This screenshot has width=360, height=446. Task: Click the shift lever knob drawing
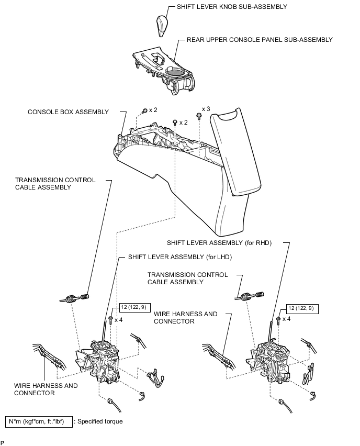point(162,26)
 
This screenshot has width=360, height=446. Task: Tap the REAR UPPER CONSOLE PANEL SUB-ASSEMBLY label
point(260,40)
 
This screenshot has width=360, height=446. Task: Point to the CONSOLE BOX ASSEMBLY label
point(69,112)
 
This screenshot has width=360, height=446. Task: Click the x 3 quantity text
point(206,109)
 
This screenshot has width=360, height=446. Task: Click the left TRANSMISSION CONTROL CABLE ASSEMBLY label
point(55,183)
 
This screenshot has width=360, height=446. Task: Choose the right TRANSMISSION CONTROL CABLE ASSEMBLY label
point(187,278)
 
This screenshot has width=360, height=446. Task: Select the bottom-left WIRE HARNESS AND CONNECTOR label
point(46,389)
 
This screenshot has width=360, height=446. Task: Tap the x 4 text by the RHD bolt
point(286,319)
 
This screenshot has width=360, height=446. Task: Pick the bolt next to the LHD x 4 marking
point(111,319)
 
